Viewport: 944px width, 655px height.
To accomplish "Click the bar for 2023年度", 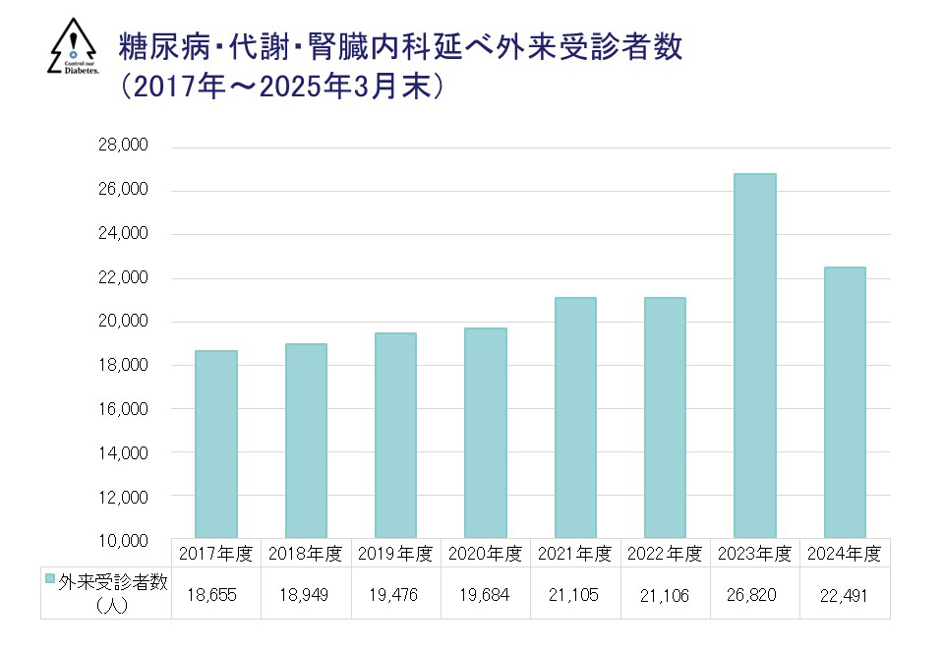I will pos(755,355).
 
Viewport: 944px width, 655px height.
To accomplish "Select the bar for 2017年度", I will pos(215,444).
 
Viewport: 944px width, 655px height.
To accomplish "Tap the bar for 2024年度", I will pos(845,402).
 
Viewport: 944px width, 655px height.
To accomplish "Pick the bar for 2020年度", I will pos(486,433).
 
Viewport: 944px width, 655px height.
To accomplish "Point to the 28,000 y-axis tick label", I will pos(123,146).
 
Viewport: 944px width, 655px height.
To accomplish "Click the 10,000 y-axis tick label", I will pos(123,540).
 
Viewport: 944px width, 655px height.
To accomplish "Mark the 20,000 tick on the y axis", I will pos(123,321).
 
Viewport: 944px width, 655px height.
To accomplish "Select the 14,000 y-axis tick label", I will pos(123,452).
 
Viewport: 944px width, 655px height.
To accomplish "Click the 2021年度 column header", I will pos(575,554).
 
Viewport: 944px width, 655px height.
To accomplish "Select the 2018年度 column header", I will pos(306,554).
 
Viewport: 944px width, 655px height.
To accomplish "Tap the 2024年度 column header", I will pos(845,554).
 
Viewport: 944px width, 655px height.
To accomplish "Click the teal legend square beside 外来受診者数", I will pos(50,579).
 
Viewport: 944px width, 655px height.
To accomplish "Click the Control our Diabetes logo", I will pos(74,47).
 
